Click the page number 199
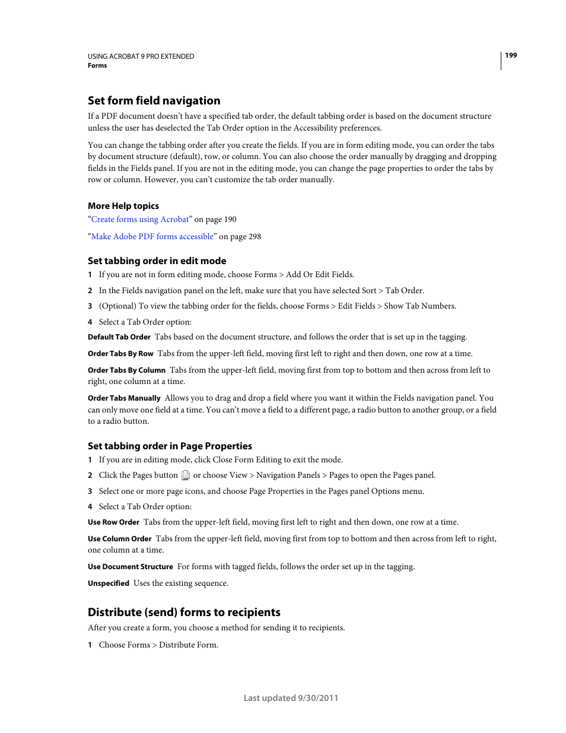(511, 55)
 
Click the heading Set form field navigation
(154, 101)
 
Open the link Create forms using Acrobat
(140, 220)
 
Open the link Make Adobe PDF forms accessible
(152, 237)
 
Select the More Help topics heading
(123, 206)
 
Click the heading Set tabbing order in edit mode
(157, 261)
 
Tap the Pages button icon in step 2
(186, 475)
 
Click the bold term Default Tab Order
(119, 337)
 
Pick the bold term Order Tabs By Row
(120, 354)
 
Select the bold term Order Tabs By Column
(126, 370)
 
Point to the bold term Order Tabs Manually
(124, 398)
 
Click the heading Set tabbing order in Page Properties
(170, 446)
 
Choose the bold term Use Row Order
(113, 522)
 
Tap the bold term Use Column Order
(120, 539)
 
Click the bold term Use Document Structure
(131, 567)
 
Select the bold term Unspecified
(109, 583)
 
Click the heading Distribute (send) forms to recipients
(184, 613)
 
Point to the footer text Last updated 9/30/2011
(291, 698)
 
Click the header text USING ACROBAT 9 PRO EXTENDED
(141, 56)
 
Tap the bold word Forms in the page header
(97, 66)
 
